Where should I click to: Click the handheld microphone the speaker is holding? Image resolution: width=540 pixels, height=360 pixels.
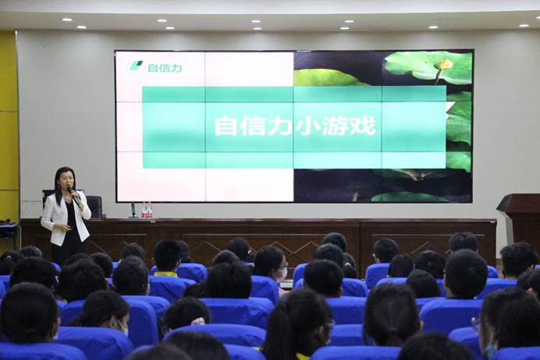pyautogui.click(x=73, y=195)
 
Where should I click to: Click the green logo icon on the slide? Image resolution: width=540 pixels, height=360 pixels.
pyautogui.click(x=137, y=66)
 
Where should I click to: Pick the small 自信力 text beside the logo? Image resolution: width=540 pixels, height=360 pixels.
pyautogui.click(x=165, y=68)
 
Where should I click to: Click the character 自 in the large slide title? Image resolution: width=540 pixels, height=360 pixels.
pyautogui.click(x=226, y=126)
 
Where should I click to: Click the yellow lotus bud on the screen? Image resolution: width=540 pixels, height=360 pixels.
pyautogui.click(x=443, y=64)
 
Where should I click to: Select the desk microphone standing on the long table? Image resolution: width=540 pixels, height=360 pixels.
pyautogui.click(x=133, y=210)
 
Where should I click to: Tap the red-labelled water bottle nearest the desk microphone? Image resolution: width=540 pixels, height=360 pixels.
pyautogui.click(x=144, y=210)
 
